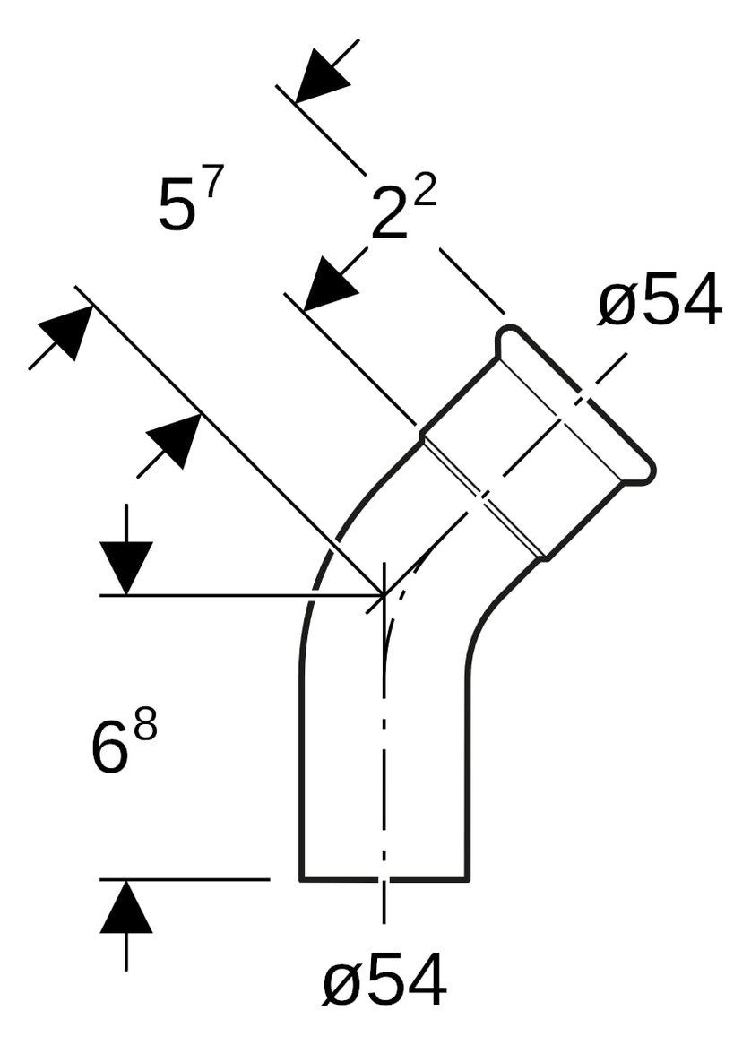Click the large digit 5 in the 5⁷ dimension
[x=177, y=205]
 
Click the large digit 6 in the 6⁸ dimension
[x=109, y=748]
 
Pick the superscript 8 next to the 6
[x=144, y=725]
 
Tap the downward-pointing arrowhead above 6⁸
[x=125, y=566]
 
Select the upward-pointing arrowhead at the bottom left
[x=125, y=907]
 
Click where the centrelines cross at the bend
[x=384, y=593]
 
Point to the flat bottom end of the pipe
[x=384, y=879]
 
